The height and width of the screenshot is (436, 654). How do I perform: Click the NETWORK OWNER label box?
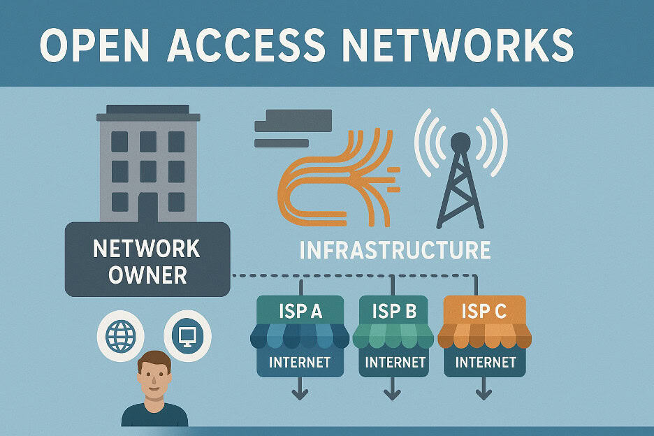click(147, 260)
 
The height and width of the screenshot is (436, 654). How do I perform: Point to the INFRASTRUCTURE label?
click(394, 250)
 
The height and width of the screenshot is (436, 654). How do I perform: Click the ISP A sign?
click(300, 310)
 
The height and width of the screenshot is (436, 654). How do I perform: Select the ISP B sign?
click(393, 310)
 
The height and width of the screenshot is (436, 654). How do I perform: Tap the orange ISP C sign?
click(484, 310)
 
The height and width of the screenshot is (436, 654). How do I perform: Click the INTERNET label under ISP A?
click(300, 362)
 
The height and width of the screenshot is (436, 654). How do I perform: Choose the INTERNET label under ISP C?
click(485, 362)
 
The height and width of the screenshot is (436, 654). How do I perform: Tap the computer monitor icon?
click(187, 335)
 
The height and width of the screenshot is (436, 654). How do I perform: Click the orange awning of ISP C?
click(484, 337)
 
